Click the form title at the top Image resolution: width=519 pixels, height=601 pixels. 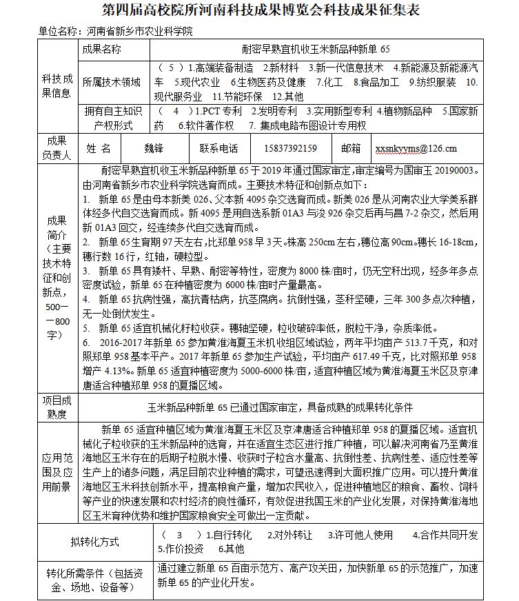260,12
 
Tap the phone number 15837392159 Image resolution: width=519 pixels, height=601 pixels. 290,147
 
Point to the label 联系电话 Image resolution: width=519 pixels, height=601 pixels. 218,147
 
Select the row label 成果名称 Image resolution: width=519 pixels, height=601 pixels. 101,50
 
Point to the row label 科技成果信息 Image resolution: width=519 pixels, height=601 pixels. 57,86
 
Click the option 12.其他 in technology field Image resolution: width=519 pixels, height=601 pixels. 289,96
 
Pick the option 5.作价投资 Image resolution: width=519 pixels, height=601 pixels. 181,549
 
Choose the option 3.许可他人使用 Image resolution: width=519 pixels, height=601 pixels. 360,535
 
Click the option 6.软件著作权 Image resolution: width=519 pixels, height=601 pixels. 206,125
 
